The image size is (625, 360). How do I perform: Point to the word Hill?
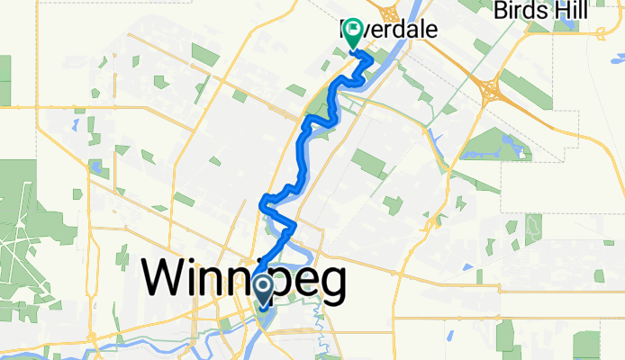pos(569,11)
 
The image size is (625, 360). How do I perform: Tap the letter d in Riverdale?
pos(403,30)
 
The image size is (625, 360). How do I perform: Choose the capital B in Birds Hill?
pos(501,11)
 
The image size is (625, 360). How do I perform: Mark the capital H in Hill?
pos(557,11)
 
